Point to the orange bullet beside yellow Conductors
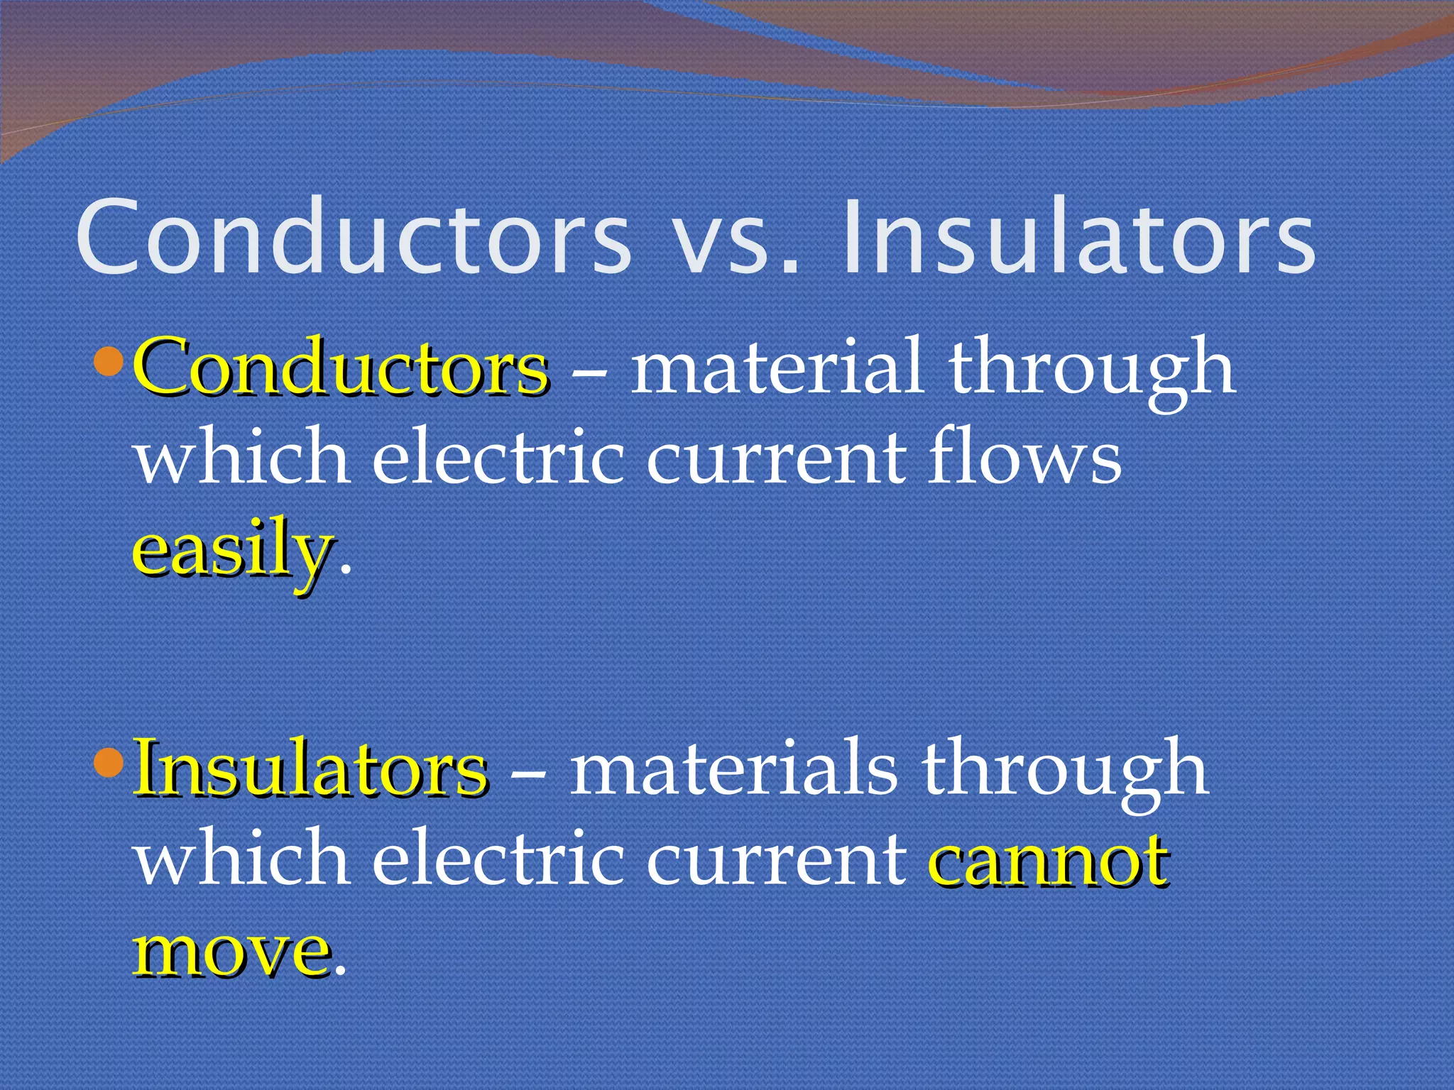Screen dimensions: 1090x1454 tap(109, 361)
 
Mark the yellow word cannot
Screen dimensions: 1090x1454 tap(1047, 859)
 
